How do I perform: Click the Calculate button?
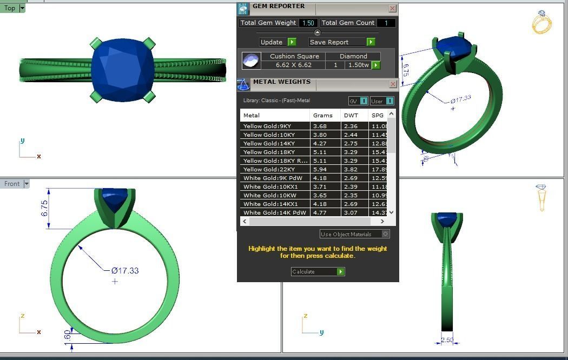point(318,271)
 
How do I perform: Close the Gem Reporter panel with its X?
point(392,8)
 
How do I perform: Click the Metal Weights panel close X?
point(392,84)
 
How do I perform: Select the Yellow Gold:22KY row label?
point(269,169)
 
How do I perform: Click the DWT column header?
point(351,115)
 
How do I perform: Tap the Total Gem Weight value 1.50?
point(308,23)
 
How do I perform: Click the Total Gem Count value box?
point(386,23)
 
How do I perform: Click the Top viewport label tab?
point(10,8)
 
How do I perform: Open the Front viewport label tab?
point(12,184)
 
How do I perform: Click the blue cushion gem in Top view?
point(122,69)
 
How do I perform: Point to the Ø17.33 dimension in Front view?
point(125,270)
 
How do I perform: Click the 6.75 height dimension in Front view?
point(44,208)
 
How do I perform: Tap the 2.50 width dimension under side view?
point(447,340)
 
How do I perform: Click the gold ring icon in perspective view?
point(541,23)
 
